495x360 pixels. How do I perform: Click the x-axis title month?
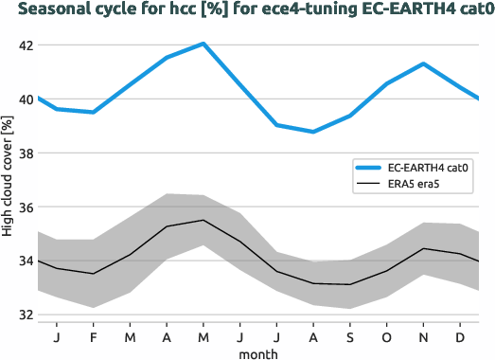257,352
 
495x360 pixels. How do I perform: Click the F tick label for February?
93,336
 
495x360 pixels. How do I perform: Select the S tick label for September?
349,336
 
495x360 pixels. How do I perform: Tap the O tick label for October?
386,336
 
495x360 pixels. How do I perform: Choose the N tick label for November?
423,336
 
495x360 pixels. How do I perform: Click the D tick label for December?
460,336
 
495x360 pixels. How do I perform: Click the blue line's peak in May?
203,44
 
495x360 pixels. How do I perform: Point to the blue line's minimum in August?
313,132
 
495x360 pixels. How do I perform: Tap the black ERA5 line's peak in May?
203,220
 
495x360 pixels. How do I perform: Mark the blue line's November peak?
423,63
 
